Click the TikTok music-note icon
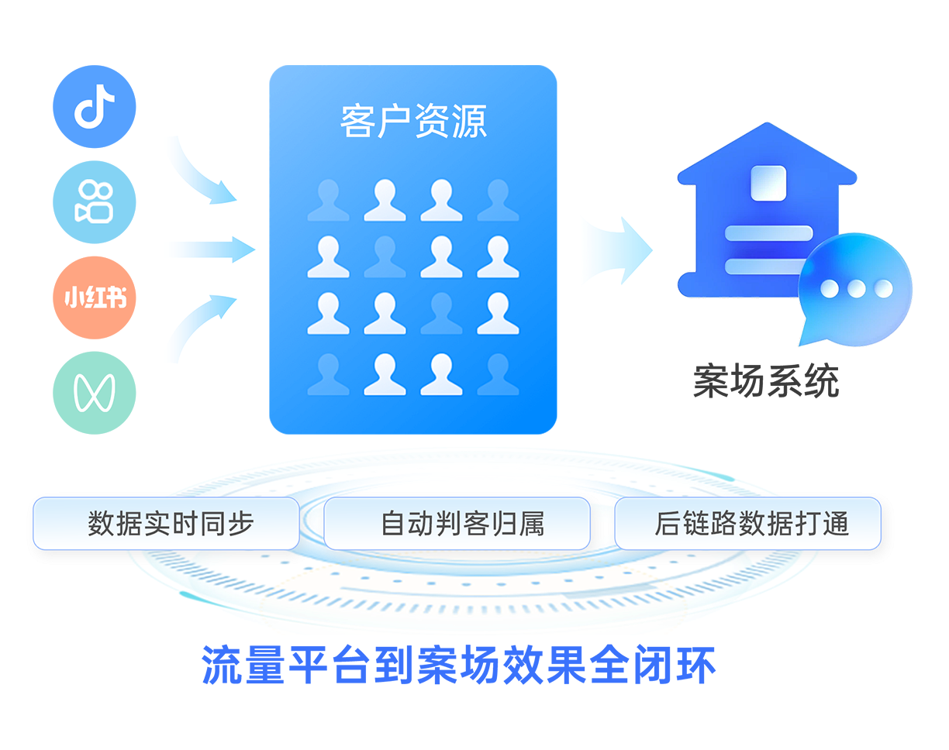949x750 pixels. coord(95,107)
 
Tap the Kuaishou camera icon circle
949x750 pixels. coord(95,202)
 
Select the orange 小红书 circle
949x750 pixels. coord(95,298)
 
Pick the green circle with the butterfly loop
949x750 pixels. coord(95,393)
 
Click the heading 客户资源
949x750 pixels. coord(413,122)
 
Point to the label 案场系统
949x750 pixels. coord(765,382)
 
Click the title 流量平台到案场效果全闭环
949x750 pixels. coord(459,665)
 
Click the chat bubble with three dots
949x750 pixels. coord(854,288)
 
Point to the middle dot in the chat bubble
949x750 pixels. coord(856,289)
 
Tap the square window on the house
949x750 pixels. coord(768,183)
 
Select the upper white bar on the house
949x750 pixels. coord(768,233)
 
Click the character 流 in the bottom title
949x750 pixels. coord(222,665)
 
